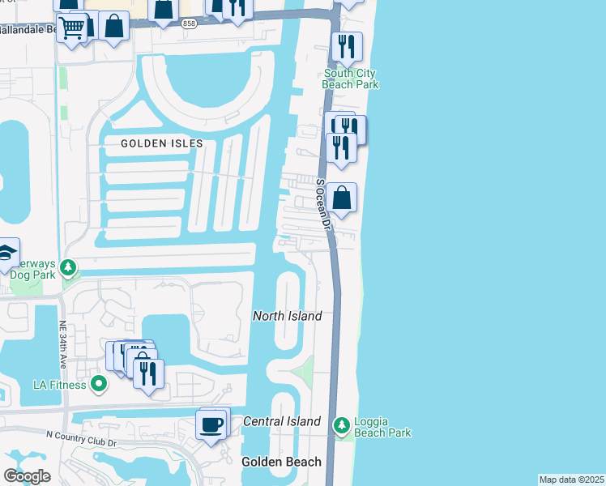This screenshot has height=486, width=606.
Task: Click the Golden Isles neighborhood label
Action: [161, 143]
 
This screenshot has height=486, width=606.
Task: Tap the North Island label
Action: [287, 316]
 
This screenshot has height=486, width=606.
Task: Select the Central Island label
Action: [282, 421]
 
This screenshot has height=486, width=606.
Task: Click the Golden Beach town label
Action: [281, 462]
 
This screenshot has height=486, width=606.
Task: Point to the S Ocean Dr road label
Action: [324, 202]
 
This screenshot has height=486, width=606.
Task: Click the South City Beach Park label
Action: [350, 79]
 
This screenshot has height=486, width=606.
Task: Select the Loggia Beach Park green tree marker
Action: [342, 424]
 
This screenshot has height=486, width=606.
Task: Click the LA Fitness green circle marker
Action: [100, 383]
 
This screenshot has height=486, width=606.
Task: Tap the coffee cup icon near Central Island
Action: [212, 425]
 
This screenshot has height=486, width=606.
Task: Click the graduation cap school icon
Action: [6, 254]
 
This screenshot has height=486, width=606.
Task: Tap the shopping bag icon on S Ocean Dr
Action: [343, 198]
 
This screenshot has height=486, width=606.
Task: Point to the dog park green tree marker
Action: [70, 266]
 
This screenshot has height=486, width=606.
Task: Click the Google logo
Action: [26, 476]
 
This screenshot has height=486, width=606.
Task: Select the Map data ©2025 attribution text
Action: [571, 480]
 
